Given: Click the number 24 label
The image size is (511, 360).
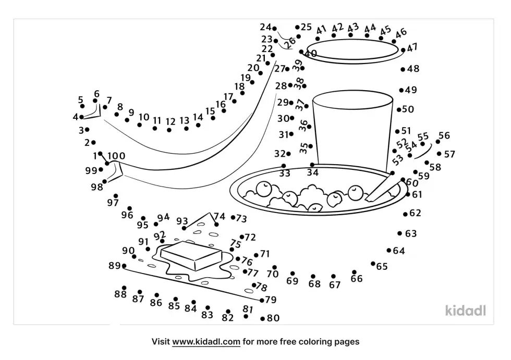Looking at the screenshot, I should (x=265, y=27).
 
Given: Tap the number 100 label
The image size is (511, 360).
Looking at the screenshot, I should (x=116, y=155).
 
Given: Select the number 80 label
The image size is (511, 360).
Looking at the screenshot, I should (x=273, y=318).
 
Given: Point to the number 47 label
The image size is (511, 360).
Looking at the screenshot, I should (x=412, y=48).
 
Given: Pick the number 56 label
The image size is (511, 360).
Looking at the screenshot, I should (x=444, y=136).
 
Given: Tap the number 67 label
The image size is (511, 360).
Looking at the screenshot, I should (x=335, y=285).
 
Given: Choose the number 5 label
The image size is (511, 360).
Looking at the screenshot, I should (x=81, y=100).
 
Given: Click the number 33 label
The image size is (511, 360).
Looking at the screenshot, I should (x=284, y=173).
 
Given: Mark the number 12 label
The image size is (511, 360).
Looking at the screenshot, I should (x=171, y=122).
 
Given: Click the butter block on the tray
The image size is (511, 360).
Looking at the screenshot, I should (x=191, y=255).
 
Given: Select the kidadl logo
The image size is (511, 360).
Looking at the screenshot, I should (x=466, y=311).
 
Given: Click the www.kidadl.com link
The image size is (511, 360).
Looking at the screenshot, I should (x=206, y=342).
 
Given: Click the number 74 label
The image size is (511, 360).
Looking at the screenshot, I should (x=220, y=217).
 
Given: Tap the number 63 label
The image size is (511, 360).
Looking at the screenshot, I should (x=411, y=233).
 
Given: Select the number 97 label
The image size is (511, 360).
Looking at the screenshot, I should (x=113, y=203).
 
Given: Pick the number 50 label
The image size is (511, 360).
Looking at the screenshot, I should (x=408, y=109).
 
